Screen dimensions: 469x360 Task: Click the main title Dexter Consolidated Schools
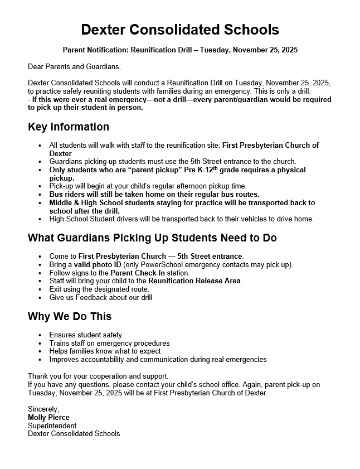(179, 30)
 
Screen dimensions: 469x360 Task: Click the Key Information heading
(69, 127)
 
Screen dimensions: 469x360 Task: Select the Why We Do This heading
(70, 317)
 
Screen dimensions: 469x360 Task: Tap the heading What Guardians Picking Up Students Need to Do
(152, 238)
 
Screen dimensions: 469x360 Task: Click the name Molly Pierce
(48, 417)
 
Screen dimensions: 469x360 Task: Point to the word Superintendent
(52, 426)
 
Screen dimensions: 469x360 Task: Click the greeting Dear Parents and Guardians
(74, 67)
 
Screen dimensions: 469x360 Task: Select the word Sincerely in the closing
(43, 409)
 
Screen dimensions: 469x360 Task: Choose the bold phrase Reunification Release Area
(194, 281)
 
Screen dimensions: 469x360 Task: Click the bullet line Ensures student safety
(85, 335)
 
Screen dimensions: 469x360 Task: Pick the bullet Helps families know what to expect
(105, 351)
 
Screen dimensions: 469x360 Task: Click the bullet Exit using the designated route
(99, 289)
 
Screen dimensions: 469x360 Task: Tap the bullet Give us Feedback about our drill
(100, 298)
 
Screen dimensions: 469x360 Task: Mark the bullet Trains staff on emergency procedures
(109, 344)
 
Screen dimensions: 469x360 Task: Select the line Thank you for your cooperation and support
(98, 376)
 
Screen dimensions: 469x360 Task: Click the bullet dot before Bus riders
(40, 195)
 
